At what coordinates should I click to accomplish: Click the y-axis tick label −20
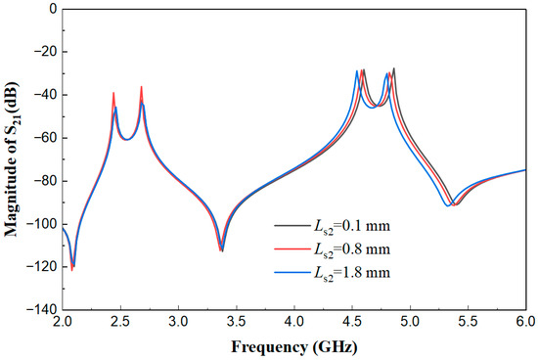(x=45, y=52)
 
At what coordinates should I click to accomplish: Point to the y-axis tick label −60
(x=45, y=138)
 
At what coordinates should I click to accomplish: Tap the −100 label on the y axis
(x=42, y=224)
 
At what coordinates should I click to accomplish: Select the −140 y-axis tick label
(x=42, y=310)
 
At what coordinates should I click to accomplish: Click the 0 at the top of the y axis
(x=53, y=9)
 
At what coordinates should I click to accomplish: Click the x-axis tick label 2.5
(x=120, y=322)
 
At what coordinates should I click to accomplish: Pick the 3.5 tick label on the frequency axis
(x=237, y=322)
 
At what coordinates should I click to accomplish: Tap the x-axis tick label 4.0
(x=294, y=322)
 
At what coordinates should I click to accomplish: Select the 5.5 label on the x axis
(x=469, y=322)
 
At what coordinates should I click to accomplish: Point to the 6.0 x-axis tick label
(x=526, y=322)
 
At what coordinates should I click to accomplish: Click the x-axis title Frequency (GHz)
(x=294, y=347)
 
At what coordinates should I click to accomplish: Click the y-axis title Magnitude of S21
(x=12, y=159)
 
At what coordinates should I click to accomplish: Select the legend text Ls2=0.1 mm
(x=351, y=227)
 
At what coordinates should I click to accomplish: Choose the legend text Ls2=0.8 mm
(x=351, y=249)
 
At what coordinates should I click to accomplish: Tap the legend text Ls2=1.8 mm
(x=351, y=273)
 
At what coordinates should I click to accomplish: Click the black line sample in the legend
(x=291, y=226)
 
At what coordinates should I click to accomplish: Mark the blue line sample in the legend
(x=291, y=273)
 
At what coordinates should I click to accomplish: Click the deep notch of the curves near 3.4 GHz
(x=222, y=249)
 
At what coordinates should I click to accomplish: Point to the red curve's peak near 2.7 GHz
(x=141, y=87)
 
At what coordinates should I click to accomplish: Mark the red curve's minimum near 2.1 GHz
(x=71, y=270)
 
